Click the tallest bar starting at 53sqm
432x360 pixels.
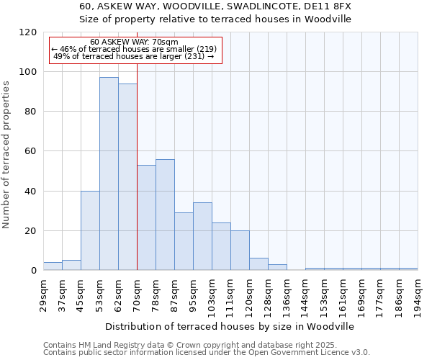(x=109, y=174)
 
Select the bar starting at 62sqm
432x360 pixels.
(x=127, y=177)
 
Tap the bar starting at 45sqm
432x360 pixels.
(x=90, y=230)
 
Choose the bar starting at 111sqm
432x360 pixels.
(x=240, y=251)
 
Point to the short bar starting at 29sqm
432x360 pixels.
(x=53, y=266)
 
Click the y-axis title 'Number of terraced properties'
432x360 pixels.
(x=6, y=154)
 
